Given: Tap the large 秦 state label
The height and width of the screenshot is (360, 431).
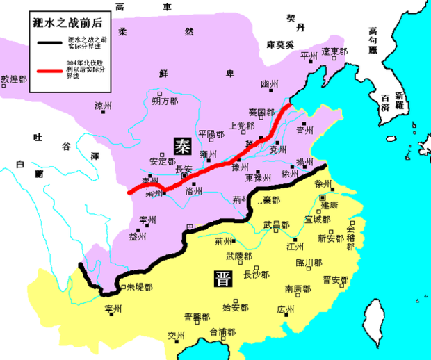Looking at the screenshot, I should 184,145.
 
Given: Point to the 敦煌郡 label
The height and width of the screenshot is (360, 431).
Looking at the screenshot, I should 14,80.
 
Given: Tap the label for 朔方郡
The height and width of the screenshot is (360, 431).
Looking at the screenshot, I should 165,101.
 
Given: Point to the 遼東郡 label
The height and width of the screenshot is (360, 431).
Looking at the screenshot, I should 334,51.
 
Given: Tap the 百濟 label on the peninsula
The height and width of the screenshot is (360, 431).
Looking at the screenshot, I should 380,108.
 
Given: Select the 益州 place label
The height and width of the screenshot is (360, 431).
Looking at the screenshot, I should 138,237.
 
